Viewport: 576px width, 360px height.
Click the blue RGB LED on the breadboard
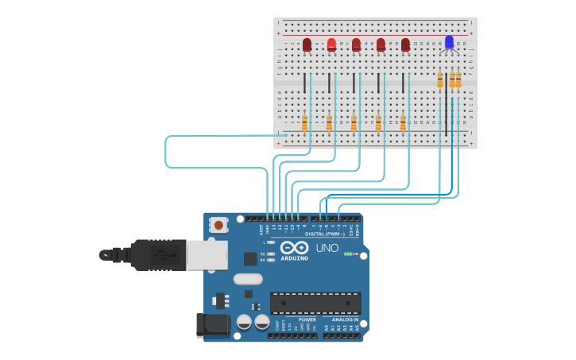(x=449, y=42)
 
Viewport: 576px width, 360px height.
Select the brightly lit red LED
(x=331, y=45)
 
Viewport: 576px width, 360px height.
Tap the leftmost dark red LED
(x=307, y=45)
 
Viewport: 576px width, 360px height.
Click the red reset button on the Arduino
(x=218, y=225)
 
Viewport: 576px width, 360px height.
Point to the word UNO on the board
(x=327, y=248)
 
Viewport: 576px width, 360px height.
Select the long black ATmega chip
(x=315, y=303)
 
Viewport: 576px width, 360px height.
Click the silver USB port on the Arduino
(x=207, y=255)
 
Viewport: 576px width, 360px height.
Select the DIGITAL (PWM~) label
(x=325, y=234)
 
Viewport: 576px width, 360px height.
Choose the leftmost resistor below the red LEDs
(x=304, y=122)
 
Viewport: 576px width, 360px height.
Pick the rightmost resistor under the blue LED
(x=458, y=79)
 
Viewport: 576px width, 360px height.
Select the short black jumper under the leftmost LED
(x=304, y=83)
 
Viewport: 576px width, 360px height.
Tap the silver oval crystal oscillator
(x=248, y=279)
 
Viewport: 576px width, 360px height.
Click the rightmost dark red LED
(x=405, y=45)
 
